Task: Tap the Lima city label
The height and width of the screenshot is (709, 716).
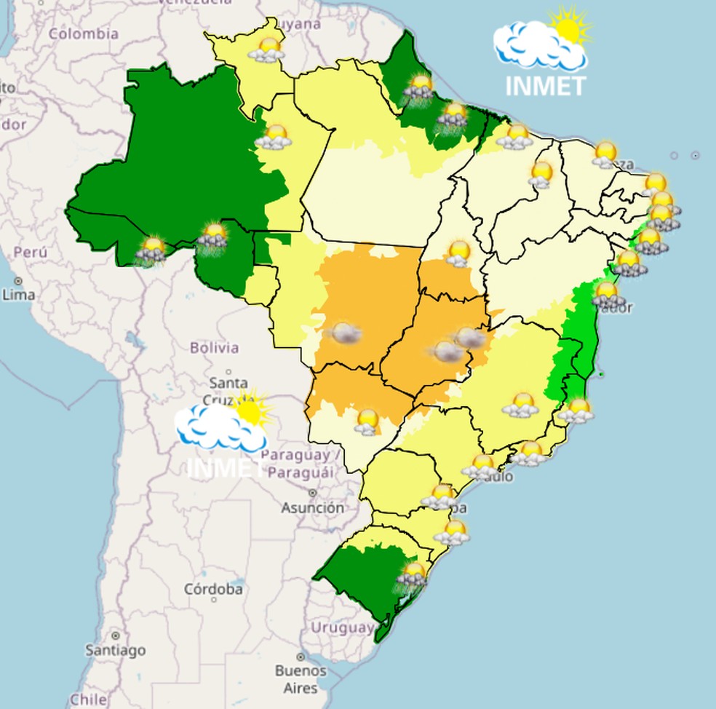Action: [x=18, y=295]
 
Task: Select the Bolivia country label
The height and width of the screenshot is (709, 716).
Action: [x=214, y=347]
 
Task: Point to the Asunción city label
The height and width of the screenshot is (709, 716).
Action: [x=312, y=508]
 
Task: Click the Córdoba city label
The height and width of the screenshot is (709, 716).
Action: [x=213, y=589]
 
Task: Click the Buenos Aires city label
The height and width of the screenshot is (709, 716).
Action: [x=296, y=678]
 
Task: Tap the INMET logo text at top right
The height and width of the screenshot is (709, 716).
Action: [x=546, y=86]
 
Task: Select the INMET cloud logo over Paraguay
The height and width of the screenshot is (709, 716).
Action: [x=220, y=429]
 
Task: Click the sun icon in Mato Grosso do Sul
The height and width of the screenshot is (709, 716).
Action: [x=367, y=421]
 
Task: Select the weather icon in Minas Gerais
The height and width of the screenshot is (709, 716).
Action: [x=521, y=405]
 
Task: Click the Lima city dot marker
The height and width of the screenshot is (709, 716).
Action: [x=17, y=280]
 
